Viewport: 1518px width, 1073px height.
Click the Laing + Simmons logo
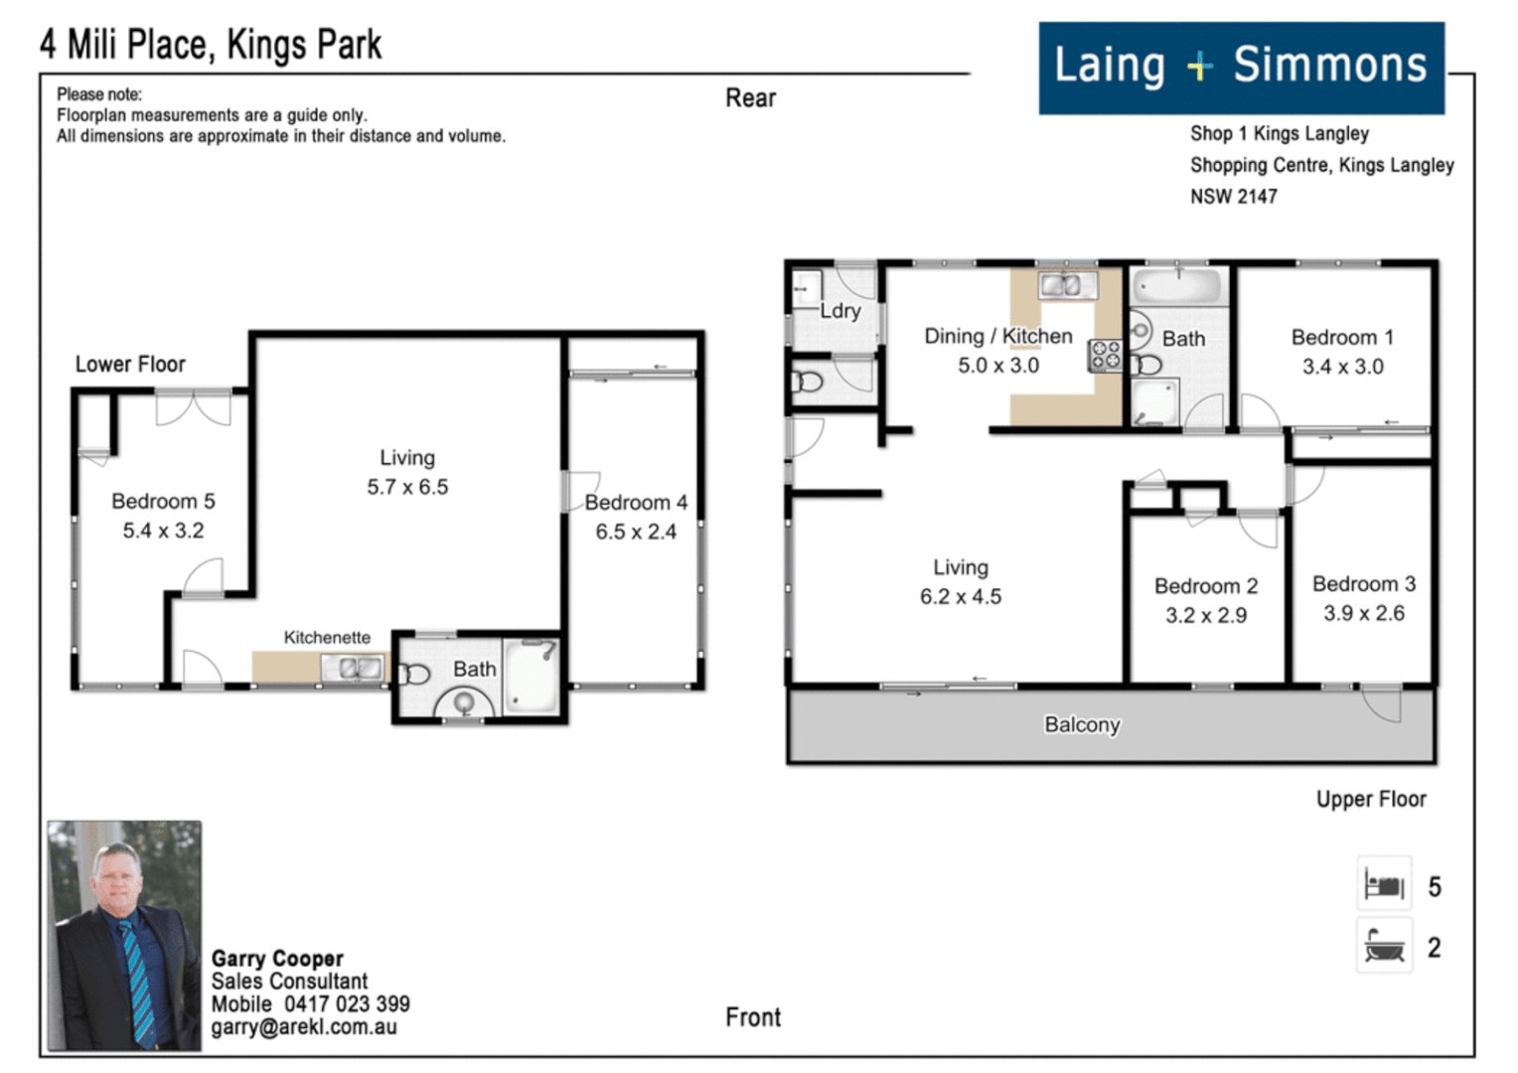[1242, 68]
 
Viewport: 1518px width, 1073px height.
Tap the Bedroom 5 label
[163, 502]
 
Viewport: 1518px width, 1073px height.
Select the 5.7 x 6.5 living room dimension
[407, 488]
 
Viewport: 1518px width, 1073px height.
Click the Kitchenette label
[327, 638]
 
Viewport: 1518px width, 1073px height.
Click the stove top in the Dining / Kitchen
[1106, 356]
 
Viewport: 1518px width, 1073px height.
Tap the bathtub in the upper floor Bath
[1178, 286]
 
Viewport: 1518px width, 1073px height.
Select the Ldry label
[840, 311]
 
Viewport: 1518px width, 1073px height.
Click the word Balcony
[1082, 724]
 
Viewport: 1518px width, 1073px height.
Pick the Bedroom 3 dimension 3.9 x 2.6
[1364, 613]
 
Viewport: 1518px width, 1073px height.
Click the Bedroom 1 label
[1342, 338]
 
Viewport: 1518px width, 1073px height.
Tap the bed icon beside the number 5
[1384, 884]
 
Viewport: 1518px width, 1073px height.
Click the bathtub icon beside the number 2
[1384, 946]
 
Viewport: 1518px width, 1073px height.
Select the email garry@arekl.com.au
[304, 1027]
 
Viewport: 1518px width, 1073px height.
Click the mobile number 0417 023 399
[347, 1003]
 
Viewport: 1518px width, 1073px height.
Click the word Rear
[750, 98]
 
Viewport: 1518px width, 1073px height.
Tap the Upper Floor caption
[1371, 800]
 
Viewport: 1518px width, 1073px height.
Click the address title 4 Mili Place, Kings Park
[211, 46]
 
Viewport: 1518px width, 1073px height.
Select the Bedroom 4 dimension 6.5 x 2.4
[636, 533]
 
